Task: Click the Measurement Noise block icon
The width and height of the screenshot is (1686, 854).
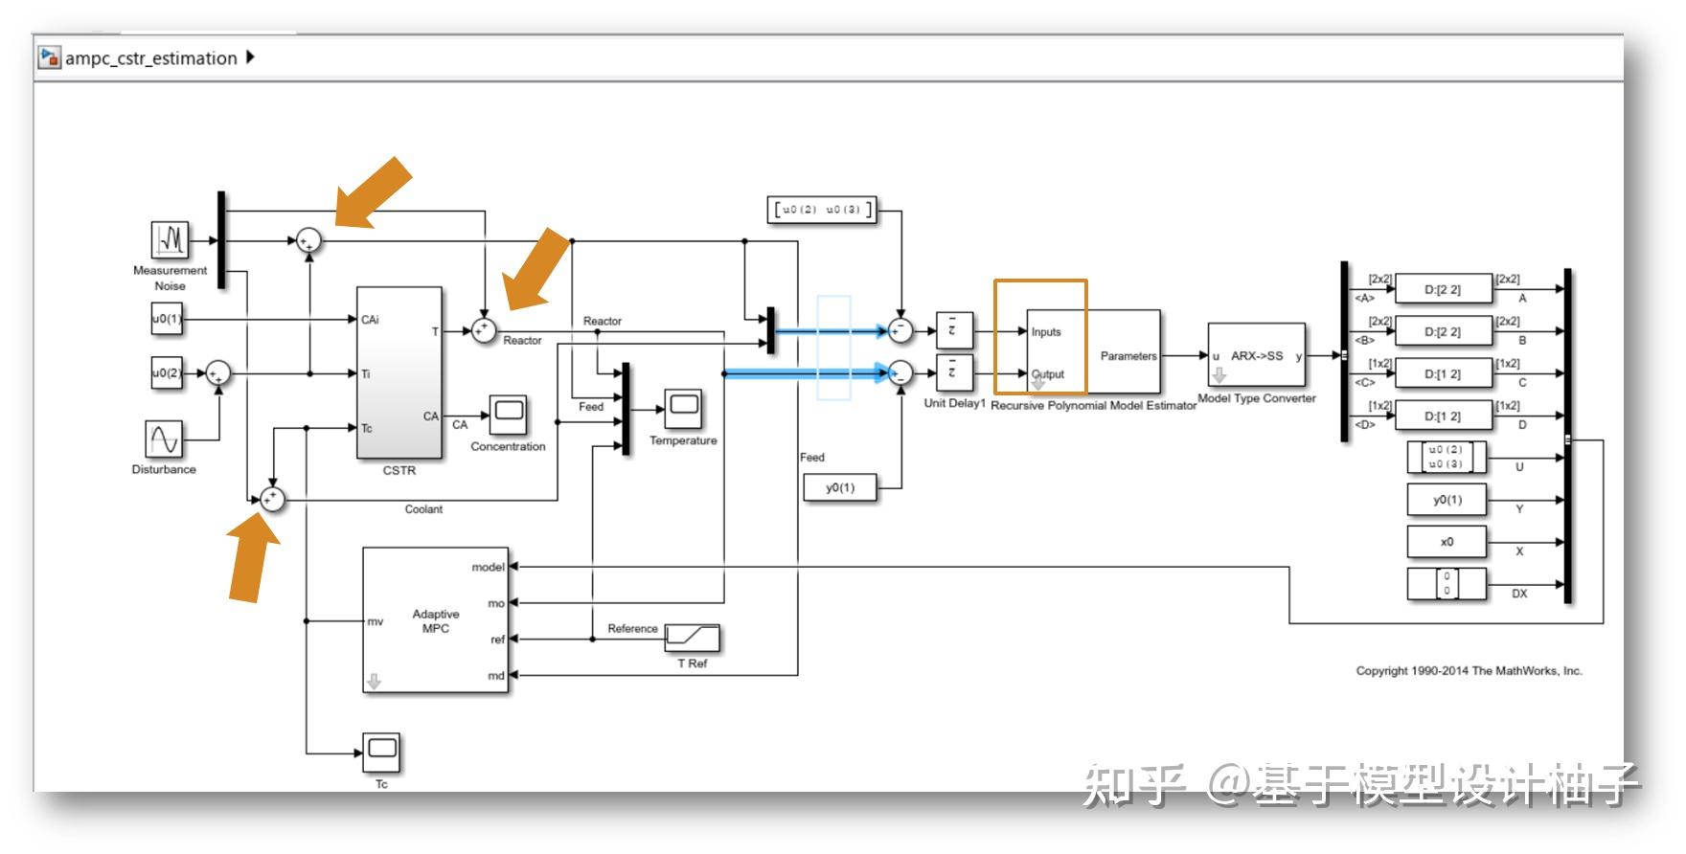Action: pos(170,239)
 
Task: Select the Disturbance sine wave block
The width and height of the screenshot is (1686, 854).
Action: pos(164,438)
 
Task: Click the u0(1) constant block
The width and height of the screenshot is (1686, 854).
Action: pos(166,319)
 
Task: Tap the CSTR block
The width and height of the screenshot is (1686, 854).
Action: pos(399,373)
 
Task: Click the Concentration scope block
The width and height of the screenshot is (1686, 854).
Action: pos(508,414)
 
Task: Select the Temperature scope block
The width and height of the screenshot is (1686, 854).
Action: pos(683,408)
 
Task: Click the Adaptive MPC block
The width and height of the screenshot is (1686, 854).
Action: pos(435,620)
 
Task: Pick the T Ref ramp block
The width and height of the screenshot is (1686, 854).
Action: pos(693,637)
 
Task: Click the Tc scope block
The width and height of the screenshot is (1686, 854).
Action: pos(381,753)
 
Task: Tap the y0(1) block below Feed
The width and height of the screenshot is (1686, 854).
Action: pos(840,488)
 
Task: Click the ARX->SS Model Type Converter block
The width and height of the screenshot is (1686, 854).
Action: pos(1257,356)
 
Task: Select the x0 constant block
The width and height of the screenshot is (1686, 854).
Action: pos(1447,542)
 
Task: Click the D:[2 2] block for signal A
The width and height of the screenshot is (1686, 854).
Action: pos(1443,289)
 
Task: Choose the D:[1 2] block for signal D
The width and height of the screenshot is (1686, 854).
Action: pos(1443,416)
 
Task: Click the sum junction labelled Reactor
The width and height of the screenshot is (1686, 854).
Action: pos(484,330)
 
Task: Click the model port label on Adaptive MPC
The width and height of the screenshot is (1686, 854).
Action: pos(487,567)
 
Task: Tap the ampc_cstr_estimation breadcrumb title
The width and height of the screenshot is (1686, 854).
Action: pos(150,58)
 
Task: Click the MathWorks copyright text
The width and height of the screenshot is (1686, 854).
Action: pos(1469,671)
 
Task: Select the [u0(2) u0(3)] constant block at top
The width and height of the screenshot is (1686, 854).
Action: pos(822,210)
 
